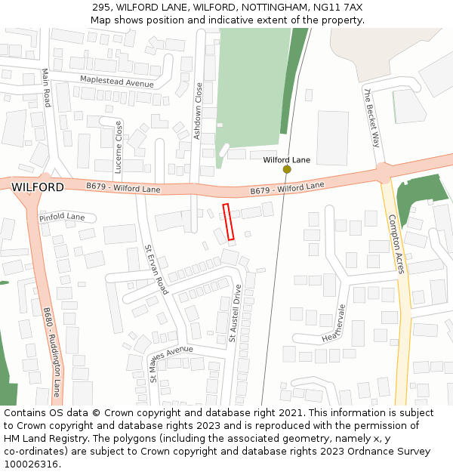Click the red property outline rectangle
point(229,222)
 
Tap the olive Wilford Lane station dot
point(287,170)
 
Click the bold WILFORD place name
point(38,187)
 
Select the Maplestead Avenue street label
point(117,82)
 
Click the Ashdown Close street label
point(199,111)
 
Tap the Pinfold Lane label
point(62,217)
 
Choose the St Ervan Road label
point(156,269)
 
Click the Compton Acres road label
point(396,244)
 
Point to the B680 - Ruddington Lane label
point(52,352)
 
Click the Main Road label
point(46,88)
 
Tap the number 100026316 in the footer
point(29,464)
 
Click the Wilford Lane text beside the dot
point(286,160)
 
